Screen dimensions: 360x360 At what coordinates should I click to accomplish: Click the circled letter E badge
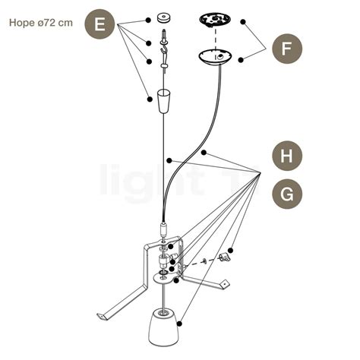point(99,25)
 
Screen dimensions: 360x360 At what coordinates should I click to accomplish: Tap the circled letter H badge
point(286,156)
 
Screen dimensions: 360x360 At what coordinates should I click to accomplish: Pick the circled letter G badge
point(286,194)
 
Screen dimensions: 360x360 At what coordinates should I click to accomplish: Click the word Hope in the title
point(23,22)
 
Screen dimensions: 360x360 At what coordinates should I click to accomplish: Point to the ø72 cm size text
point(57,22)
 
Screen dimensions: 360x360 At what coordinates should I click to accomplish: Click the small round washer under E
point(163,16)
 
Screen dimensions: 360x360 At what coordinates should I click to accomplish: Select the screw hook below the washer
point(163,36)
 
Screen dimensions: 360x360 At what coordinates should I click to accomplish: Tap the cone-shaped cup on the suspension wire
point(164,101)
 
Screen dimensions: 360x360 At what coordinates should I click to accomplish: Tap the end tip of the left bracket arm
point(100,317)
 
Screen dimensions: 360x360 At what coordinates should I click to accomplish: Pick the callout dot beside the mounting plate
point(243,22)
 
